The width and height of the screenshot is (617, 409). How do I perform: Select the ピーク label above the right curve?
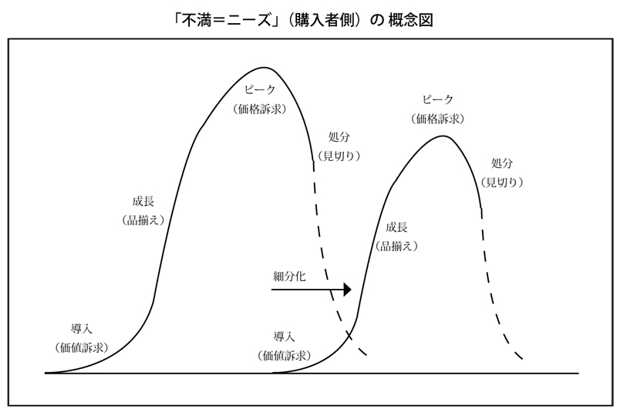[x=438, y=100]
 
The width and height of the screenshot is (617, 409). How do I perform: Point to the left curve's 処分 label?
[x=339, y=137]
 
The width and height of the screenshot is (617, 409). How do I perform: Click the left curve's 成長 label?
[x=143, y=201]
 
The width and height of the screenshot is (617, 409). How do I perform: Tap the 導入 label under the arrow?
[x=284, y=337]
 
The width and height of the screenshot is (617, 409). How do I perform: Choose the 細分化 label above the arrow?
[x=289, y=277]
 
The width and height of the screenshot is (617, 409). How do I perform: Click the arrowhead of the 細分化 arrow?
[x=347, y=290]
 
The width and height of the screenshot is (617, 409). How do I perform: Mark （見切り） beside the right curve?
[x=502, y=183]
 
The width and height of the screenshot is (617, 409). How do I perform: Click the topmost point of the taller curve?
[x=266, y=68]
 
